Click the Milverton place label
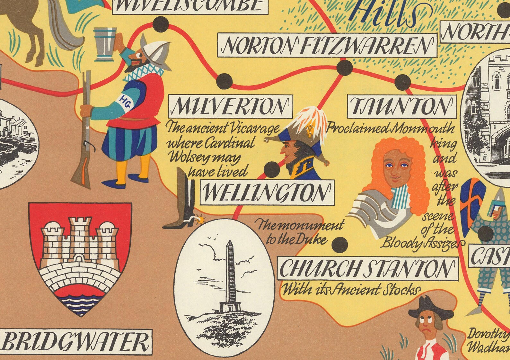coord(230,106)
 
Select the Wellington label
coord(267,193)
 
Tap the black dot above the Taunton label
coord(402,82)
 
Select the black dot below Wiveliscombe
coord(161,24)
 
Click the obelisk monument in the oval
coord(229,273)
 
